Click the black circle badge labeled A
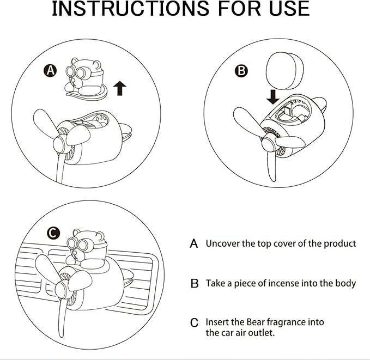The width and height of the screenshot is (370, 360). coord(50,70)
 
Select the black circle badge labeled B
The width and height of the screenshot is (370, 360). coord(241,70)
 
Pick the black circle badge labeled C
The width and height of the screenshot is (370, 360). coord(53,234)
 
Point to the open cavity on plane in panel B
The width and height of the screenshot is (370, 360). coord(289,115)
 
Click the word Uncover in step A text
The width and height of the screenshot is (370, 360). coord(224,243)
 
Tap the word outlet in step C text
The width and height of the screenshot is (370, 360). coord(262,332)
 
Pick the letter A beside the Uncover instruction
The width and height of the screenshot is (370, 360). coord(193,244)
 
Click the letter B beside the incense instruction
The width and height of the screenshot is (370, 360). coord(194,284)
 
